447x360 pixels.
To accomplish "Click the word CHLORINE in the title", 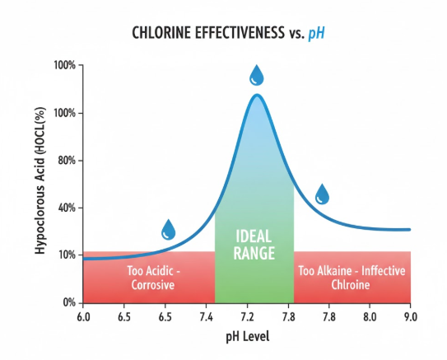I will coord(164,34).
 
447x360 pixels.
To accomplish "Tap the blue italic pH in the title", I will coord(317,34).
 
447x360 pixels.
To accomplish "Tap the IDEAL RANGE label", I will coord(254,244).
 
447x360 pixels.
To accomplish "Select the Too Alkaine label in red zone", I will coord(352,278).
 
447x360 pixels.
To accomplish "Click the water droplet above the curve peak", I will coord(257,76).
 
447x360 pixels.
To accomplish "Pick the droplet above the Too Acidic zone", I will coord(168,230).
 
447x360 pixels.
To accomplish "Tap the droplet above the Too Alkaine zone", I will coord(322,194).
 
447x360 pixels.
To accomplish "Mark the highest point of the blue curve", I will coord(257,95).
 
